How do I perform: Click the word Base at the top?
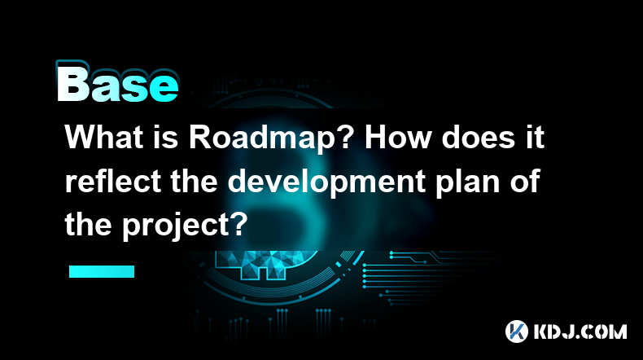pos(118,83)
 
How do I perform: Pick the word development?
pos(326,181)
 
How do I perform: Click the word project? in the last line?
pos(186,226)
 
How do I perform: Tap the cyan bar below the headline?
pos(102,271)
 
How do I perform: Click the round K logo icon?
pos(516,331)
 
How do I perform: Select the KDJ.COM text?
pos(580,331)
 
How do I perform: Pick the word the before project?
pos(88,226)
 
